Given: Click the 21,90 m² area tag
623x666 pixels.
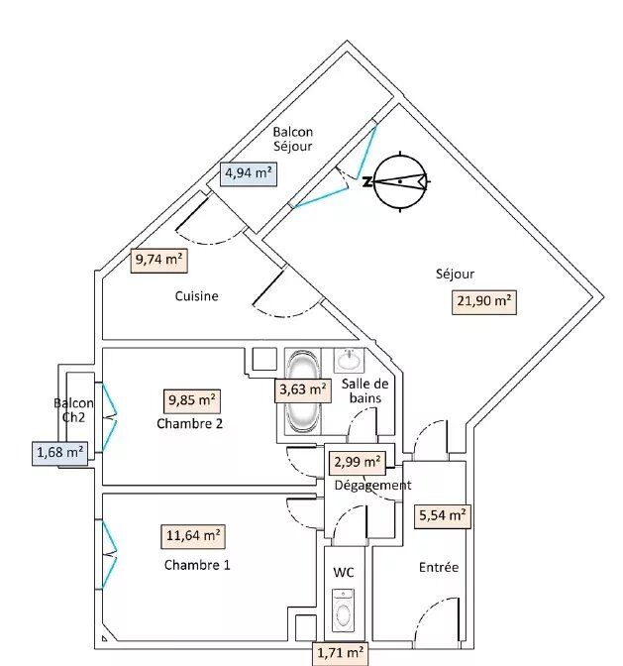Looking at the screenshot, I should click(x=486, y=301).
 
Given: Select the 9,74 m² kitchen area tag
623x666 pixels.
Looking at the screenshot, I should click(x=159, y=260).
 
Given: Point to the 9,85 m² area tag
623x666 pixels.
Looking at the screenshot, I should click(x=193, y=400).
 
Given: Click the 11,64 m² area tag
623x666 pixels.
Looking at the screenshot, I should click(x=193, y=536).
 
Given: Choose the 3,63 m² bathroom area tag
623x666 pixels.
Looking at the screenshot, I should click(x=302, y=389).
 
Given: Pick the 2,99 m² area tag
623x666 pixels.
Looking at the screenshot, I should click(x=359, y=461).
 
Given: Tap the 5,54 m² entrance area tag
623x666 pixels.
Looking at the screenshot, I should click(x=443, y=514).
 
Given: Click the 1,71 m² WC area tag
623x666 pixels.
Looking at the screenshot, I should click(x=340, y=653).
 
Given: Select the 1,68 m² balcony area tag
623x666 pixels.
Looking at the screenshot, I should click(x=59, y=453).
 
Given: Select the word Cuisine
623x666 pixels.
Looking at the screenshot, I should click(x=197, y=295).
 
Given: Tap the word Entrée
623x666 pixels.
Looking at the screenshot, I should click(x=439, y=567).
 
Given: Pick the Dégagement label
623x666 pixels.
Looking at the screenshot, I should click(x=372, y=485).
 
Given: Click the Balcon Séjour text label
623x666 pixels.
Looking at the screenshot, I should click(x=293, y=139).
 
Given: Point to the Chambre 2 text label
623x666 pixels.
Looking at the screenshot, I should click(x=189, y=424).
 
